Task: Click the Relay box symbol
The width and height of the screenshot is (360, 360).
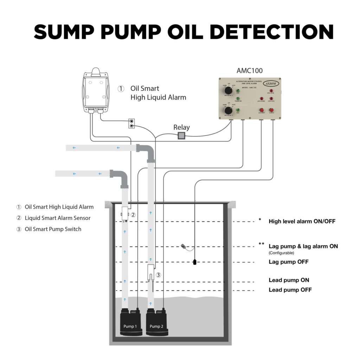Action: click(181, 136)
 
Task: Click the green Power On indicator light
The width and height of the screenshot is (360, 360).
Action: click(238, 99)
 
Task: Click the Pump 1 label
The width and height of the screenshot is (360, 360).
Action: click(130, 326)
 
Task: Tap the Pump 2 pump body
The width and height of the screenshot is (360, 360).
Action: click(157, 322)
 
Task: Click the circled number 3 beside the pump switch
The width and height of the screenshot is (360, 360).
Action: click(158, 275)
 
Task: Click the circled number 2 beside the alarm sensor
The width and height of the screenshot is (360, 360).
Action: click(133, 215)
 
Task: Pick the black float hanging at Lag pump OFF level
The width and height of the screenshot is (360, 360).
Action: click(194, 262)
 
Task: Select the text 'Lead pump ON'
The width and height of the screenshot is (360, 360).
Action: click(289, 280)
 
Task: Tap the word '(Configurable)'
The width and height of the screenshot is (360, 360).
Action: click(282, 253)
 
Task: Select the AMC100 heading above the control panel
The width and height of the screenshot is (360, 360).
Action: click(249, 70)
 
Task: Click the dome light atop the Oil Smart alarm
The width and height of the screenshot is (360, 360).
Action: click(96, 71)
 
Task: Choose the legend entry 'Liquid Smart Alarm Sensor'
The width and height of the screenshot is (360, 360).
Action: click(58, 218)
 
